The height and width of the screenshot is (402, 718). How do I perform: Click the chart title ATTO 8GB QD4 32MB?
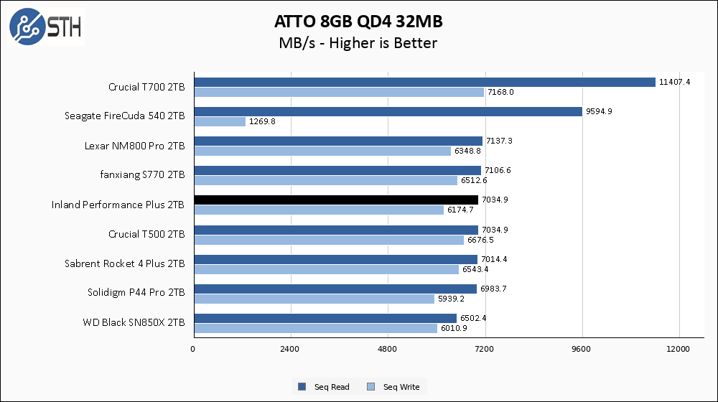click(358, 19)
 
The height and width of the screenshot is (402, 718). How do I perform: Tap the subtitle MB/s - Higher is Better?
click(358, 43)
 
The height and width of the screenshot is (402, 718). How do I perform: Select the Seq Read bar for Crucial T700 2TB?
click(424, 82)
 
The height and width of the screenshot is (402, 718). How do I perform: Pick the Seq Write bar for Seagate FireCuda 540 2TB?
click(220, 122)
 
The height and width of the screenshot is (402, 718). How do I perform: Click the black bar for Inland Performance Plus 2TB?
click(335, 200)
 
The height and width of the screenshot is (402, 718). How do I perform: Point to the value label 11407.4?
click(674, 82)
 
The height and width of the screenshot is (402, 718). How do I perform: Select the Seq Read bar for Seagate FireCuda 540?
click(387, 112)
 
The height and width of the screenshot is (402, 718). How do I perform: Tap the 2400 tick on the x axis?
click(290, 350)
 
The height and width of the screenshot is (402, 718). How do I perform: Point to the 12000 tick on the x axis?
click(679, 350)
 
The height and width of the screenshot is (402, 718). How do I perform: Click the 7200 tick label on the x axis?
click(485, 350)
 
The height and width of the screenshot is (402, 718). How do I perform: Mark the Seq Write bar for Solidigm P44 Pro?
click(313, 299)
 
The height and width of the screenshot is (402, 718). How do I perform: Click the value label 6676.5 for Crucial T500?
click(481, 240)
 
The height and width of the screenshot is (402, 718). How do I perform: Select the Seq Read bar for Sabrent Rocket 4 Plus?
click(335, 259)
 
